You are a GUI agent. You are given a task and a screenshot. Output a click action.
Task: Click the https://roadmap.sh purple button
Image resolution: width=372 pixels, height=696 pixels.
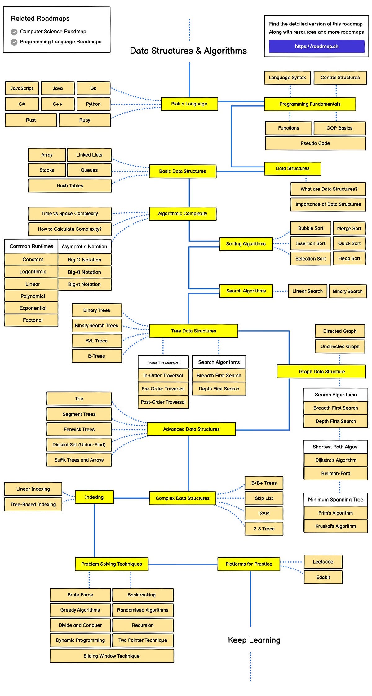[317, 47]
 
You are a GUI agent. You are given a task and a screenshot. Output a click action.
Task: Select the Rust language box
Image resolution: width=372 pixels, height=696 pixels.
[31, 120]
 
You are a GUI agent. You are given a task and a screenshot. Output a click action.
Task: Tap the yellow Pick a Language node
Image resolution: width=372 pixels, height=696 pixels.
[189, 104]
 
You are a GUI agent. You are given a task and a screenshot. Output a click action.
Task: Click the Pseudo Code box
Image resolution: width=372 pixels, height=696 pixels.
[315, 143]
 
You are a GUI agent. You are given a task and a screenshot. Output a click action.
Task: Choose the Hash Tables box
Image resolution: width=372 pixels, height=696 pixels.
[70, 185]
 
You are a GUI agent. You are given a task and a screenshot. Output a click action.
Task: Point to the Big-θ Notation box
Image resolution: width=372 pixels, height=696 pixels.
[84, 272]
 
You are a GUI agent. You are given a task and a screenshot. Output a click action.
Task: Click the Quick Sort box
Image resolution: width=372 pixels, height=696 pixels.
[349, 243]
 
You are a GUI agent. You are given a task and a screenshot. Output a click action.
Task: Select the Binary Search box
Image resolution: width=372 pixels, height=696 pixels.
[348, 291]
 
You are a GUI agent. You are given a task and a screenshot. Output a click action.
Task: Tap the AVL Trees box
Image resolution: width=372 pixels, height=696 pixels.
[96, 341]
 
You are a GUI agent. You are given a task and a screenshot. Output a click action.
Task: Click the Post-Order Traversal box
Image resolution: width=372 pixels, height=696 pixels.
[163, 402]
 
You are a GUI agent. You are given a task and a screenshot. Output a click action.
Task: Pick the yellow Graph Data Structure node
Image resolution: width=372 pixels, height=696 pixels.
[321, 371]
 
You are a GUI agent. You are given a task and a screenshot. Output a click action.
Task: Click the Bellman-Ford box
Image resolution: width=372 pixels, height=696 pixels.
[335, 473]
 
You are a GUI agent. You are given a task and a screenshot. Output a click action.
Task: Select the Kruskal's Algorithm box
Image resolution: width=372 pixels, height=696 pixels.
[335, 526]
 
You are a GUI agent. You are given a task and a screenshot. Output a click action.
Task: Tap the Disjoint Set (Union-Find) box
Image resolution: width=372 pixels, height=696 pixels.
[79, 444]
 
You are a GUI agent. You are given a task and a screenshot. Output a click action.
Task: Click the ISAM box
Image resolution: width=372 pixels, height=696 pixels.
[264, 513]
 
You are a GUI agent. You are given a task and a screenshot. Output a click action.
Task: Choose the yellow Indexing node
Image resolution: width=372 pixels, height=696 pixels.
[94, 497]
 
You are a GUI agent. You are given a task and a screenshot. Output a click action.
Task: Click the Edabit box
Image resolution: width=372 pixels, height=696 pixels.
[323, 577]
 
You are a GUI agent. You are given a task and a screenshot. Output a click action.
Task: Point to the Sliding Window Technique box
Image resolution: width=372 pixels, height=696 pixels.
[112, 656]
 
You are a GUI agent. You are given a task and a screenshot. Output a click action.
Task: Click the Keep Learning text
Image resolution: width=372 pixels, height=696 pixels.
[254, 640]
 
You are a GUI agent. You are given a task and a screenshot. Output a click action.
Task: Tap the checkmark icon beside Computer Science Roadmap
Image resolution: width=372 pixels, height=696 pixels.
[14, 32]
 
